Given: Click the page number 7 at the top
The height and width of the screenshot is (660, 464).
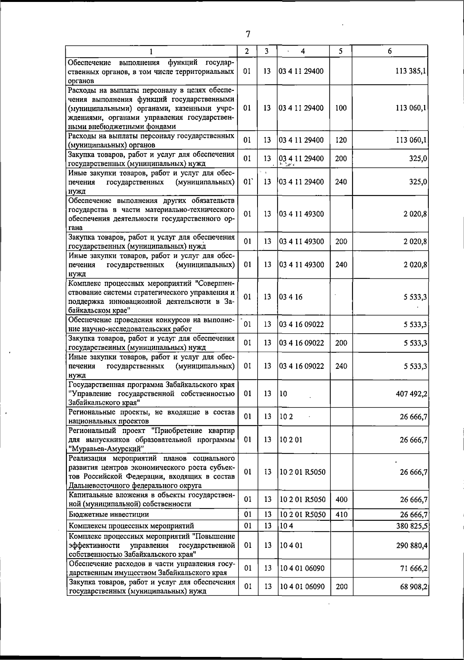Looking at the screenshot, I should [248, 34].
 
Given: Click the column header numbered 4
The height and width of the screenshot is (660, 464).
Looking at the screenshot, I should [303, 51].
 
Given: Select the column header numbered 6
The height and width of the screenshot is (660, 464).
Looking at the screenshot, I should [390, 51].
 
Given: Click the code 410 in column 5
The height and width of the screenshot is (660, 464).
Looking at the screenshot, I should [341, 515].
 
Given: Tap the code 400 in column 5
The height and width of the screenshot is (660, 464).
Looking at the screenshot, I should [341, 500].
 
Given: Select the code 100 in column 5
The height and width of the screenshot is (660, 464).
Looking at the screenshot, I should [341, 108].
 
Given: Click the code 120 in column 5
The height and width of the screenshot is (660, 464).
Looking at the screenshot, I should [341, 140].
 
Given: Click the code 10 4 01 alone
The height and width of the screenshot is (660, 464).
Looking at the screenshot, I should [291, 546].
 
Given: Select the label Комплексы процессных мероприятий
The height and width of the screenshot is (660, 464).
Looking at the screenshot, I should [131, 526].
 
